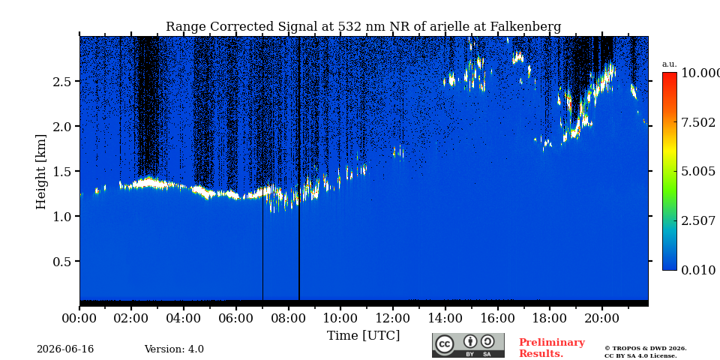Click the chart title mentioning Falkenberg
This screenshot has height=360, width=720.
pos(363,27)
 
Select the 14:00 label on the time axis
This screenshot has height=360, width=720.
pos(445,318)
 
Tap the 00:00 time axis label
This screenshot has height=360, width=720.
pos(79,318)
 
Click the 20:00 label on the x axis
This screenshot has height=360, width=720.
pos(601,318)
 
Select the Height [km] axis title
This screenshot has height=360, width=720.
pos(41,172)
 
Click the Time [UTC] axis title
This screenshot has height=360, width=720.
pos(363,336)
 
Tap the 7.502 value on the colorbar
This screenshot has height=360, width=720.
pos(698,122)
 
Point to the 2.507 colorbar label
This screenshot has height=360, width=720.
pos(698,220)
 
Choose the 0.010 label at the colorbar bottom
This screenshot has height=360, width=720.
pos(698,270)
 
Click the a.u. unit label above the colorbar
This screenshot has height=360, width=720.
pos(670,64)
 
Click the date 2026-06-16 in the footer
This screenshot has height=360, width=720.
pos(65,349)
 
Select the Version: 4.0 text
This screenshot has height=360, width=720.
pos(174,349)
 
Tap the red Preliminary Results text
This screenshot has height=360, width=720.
pos(551,348)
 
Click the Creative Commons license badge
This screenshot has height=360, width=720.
pos(468,345)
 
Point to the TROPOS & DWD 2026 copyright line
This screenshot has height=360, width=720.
pos(645,349)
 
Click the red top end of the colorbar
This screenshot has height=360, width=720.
pos(670,73)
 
